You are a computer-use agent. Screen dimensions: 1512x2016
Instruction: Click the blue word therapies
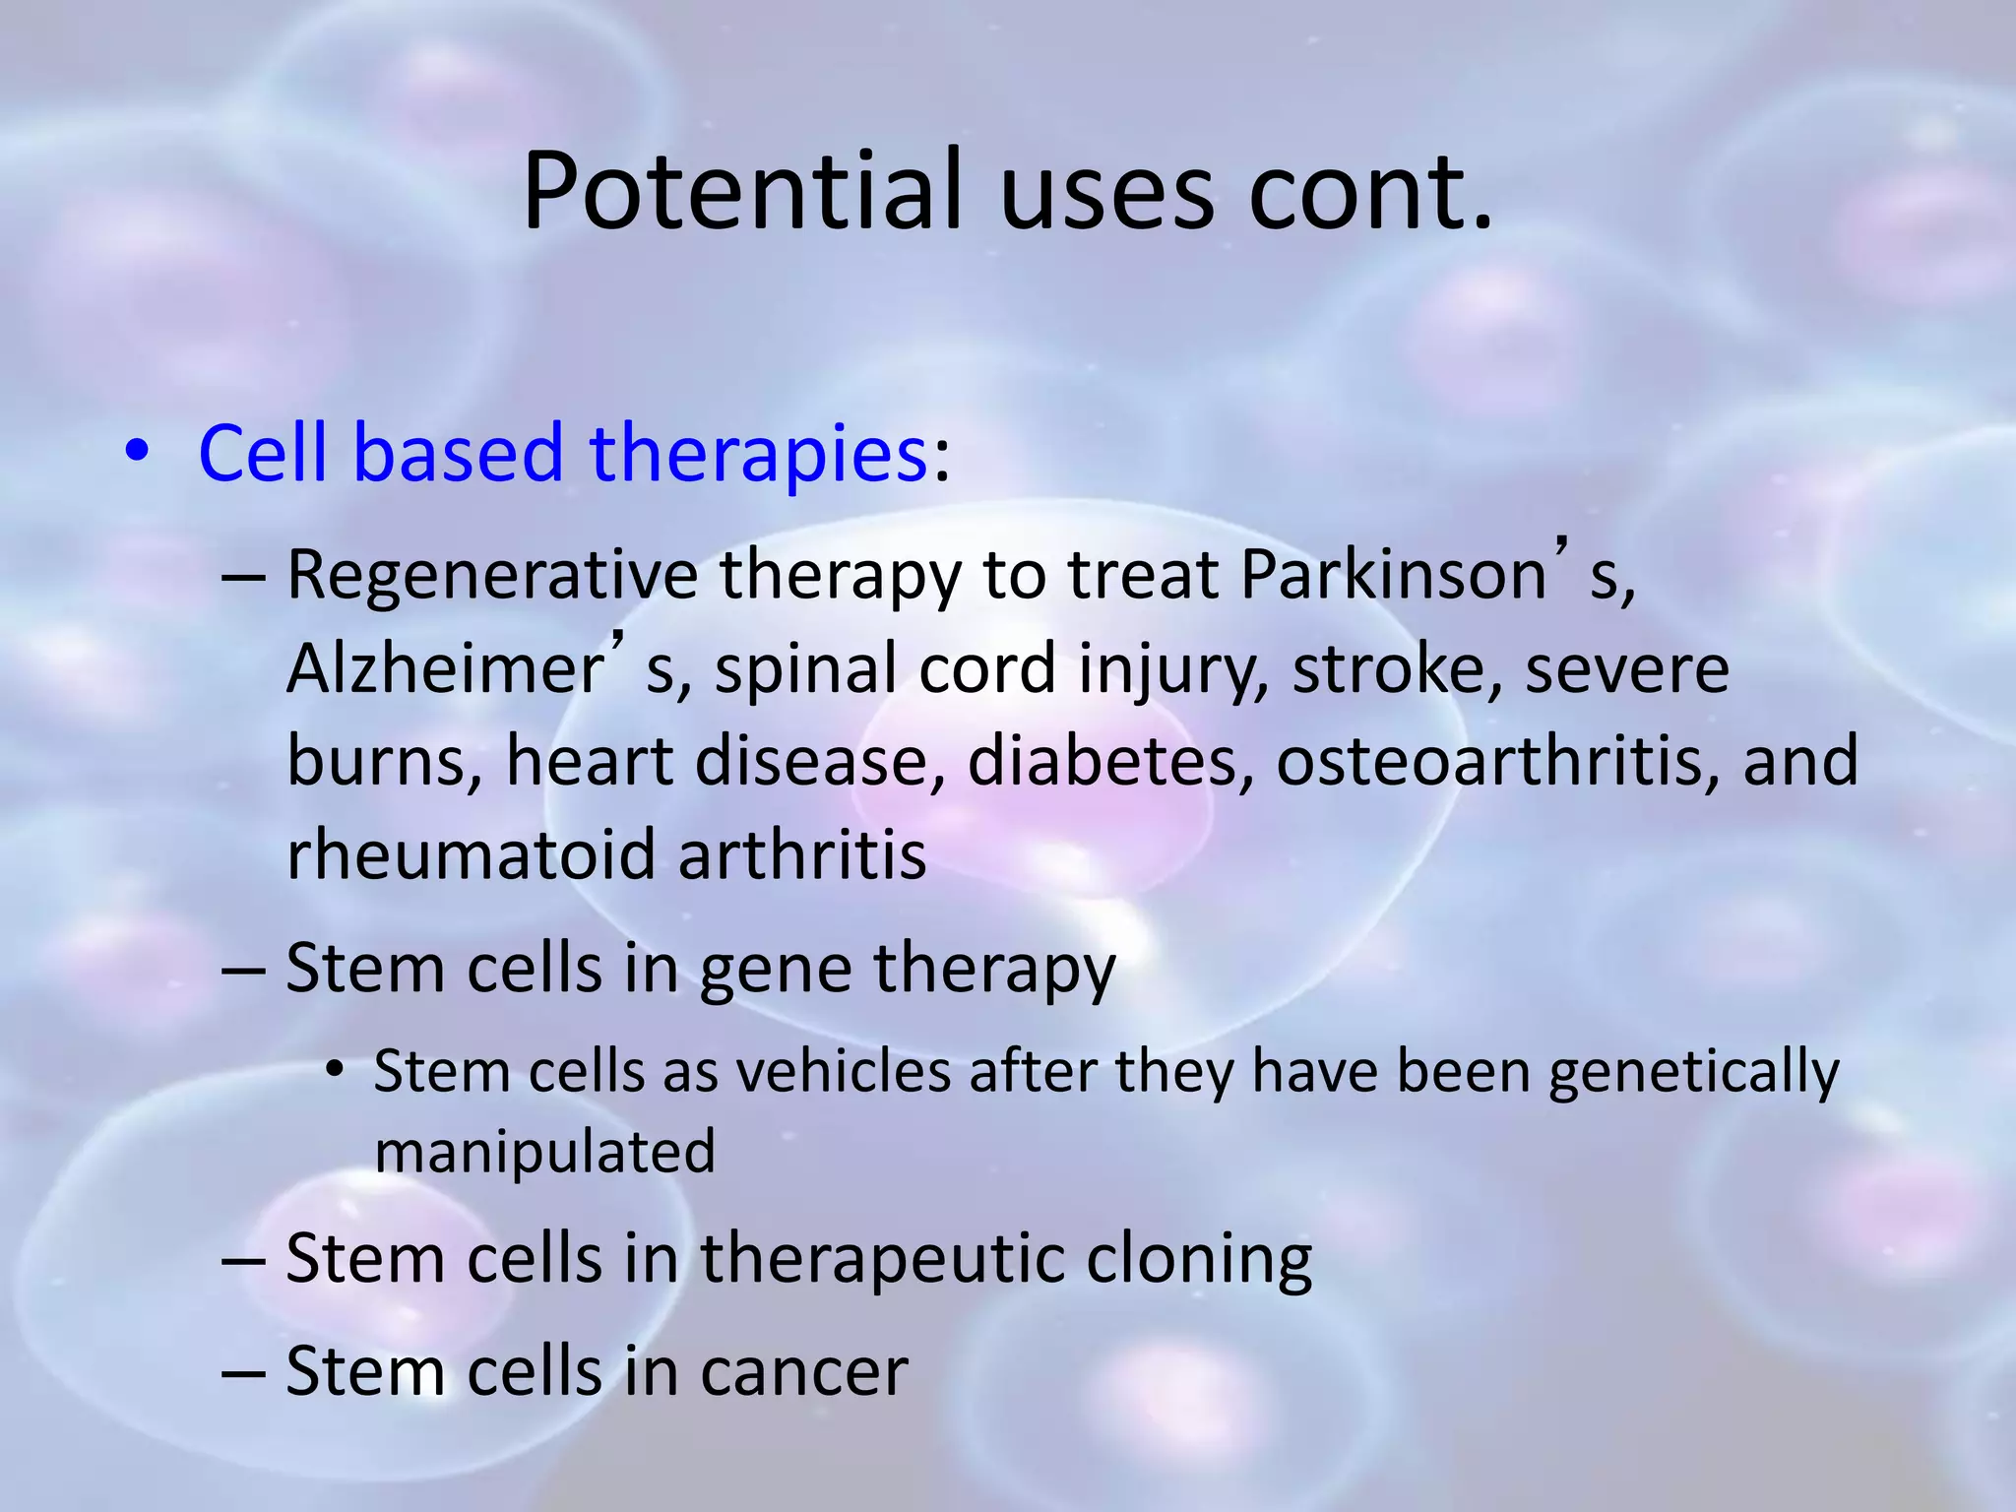(x=758, y=454)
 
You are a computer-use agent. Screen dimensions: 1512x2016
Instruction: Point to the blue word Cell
(x=262, y=454)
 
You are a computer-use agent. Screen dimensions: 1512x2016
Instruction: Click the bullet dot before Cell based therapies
(x=137, y=452)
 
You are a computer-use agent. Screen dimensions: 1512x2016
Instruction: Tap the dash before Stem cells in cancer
(x=243, y=1372)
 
